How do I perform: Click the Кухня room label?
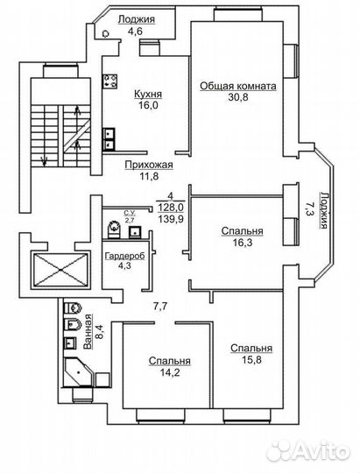click(148, 94)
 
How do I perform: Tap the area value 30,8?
click(238, 97)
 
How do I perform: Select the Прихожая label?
click(149, 165)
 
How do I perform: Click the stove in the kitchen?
click(109, 81)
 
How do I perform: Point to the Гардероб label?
click(124, 256)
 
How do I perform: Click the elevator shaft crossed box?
click(61, 270)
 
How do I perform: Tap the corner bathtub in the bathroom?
click(79, 371)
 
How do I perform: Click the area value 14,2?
click(170, 372)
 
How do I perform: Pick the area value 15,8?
click(251, 360)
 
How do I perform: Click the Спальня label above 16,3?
click(242, 231)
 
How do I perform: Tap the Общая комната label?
click(238, 86)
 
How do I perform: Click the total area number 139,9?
click(171, 218)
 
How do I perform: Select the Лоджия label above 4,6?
click(137, 19)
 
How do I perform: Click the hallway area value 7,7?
click(160, 307)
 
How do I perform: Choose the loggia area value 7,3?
click(310, 208)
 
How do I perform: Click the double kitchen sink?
click(109, 139)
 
